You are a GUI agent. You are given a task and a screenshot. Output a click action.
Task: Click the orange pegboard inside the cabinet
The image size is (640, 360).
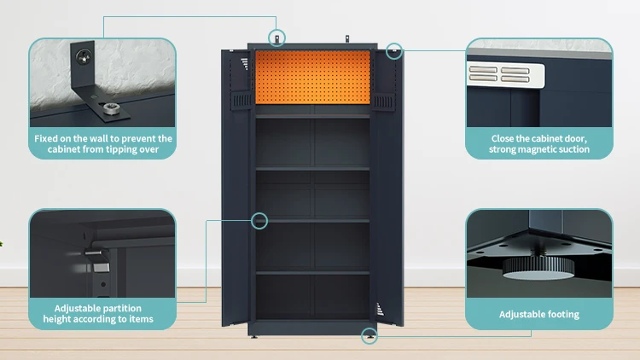tap(313, 76)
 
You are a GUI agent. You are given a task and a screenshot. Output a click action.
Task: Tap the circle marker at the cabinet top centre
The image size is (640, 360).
tap(278, 38)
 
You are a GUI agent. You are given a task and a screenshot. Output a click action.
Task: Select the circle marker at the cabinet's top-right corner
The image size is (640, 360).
tap(393, 50)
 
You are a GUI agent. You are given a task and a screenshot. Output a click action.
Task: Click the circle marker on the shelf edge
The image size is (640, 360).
tap(259, 221)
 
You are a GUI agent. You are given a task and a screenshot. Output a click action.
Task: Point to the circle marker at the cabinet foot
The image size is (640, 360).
tap(369, 336)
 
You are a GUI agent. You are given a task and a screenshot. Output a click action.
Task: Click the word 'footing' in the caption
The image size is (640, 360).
tap(562, 315)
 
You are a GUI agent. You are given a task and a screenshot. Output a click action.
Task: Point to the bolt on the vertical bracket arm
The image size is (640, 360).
tap(82, 56)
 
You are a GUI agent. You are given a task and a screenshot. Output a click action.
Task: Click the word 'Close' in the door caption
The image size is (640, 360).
tap(504, 138)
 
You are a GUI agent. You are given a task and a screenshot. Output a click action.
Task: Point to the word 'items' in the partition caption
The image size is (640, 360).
tap(139, 320)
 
